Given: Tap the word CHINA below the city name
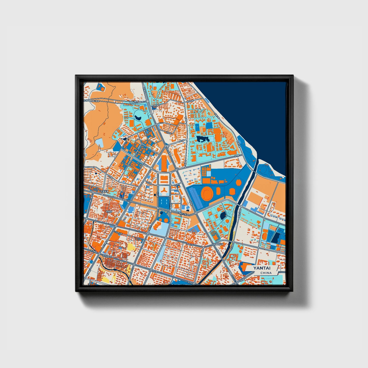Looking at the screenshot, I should [x=266, y=273].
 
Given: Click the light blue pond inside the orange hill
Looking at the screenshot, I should [x=100, y=143].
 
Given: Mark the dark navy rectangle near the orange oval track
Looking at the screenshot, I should [x=275, y=238].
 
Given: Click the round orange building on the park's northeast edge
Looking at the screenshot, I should [x=239, y=182].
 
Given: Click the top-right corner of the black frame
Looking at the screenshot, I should [x=293, y=76].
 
